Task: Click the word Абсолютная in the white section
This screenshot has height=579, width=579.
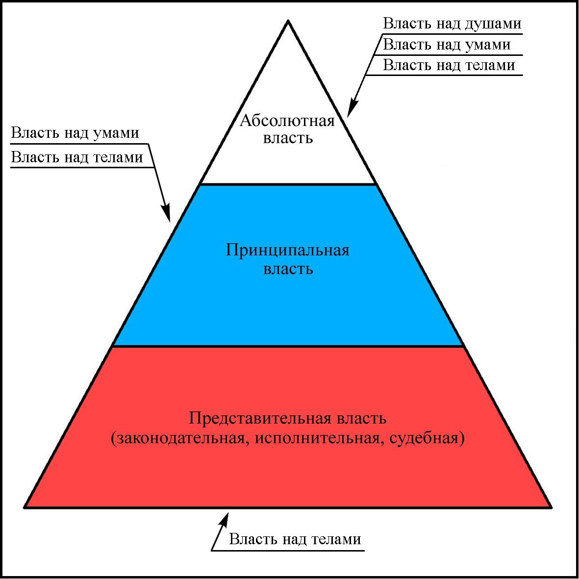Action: click(287, 121)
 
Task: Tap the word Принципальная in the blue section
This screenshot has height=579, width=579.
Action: click(288, 251)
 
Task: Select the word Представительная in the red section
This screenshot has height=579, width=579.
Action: click(260, 419)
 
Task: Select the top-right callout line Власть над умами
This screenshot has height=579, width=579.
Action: click(447, 45)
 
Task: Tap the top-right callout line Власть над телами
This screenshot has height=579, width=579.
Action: click(449, 65)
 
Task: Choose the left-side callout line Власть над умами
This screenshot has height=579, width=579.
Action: click(75, 133)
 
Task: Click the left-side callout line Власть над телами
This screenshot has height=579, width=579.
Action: click(77, 157)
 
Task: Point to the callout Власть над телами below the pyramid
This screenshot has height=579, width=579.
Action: click(295, 540)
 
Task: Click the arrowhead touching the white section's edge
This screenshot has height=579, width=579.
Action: click(352, 109)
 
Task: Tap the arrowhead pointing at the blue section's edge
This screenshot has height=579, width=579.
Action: click(167, 214)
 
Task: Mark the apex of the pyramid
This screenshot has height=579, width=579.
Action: click(288, 21)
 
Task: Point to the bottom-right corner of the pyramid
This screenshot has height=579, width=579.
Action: click(552, 507)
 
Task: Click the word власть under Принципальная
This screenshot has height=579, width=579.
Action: click(288, 269)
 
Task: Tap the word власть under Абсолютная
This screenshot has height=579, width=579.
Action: click(288, 138)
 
